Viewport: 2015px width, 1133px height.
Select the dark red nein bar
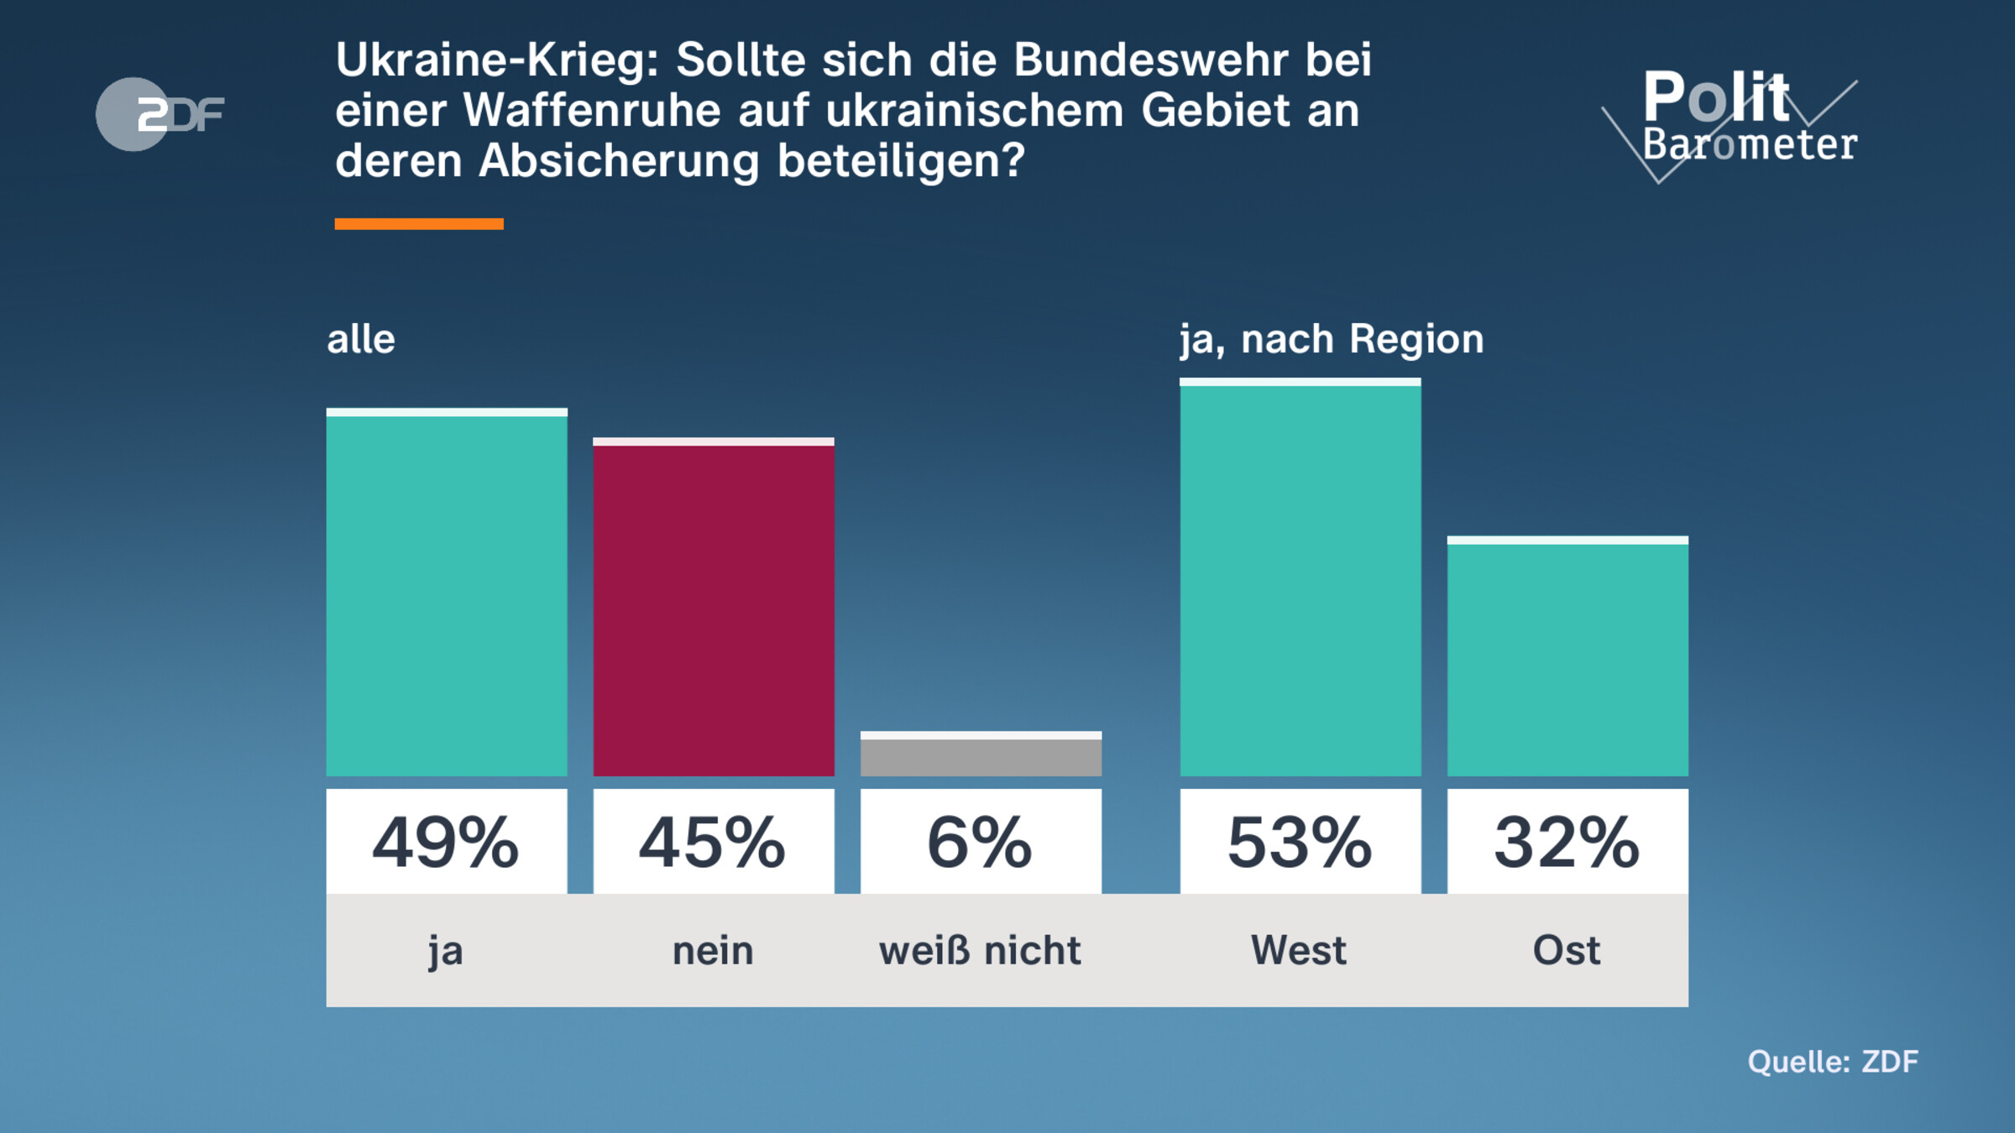tap(714, 609)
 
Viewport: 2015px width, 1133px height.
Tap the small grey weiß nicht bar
tap(981, 755)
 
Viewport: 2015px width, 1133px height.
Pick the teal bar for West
tap(1300, 579)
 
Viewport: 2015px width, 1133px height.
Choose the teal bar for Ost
tap(1567, 658)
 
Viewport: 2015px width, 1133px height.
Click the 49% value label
tap(447, 842)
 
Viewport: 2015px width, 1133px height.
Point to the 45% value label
tap(714, 842)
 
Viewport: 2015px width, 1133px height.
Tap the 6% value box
tap(981, 842)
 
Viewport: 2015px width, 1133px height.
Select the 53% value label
tap(1300, 842)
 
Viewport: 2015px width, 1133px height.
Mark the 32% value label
tap(1567, 842)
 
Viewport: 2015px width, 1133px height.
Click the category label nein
tap(714, 951)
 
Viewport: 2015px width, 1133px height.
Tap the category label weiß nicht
tap(980, 951)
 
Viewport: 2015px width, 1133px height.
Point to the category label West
tap(1299, 951)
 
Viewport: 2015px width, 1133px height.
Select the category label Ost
tap(1567, 951)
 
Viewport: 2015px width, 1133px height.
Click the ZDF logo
tap(160, 114)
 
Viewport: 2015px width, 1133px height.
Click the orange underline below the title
tap(419, 224)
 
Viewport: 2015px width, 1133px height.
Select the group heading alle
tap(361, 340)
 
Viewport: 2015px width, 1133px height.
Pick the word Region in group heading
tap(1416, 340)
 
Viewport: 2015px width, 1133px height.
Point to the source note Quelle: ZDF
tap(1832, 1062)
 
